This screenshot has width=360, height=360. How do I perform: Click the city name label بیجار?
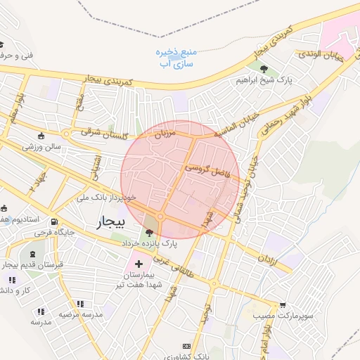pos(110,222)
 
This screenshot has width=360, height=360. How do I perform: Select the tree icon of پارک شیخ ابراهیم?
pos(264,69)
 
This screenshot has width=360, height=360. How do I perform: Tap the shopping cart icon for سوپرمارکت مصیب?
pos(283,305)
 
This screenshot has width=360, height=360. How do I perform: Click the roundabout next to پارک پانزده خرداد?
pos(160,217)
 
